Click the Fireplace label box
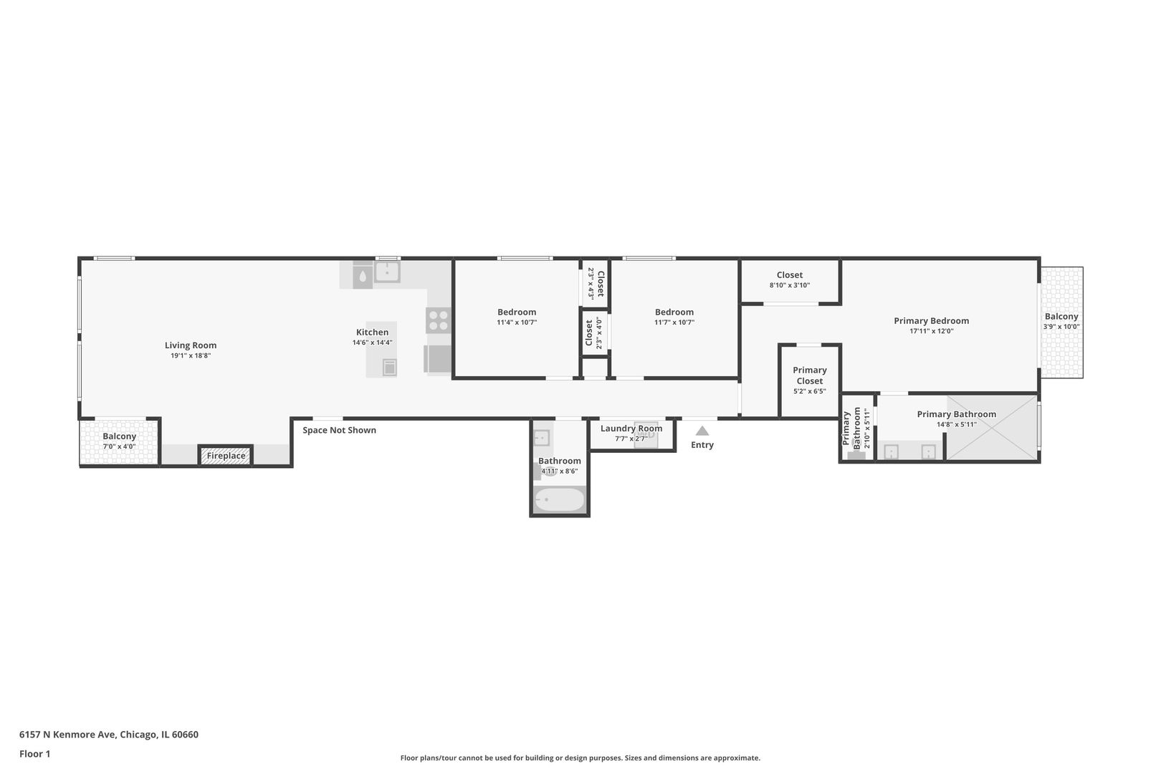coord(226,456)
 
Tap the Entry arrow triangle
coord(702,431)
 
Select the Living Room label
coord(191,345)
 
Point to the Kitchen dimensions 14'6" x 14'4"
coord(372,343)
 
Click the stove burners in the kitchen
coord(439,320)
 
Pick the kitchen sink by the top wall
coord(387,272)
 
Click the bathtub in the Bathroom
coord(559,500)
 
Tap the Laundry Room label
coord(631,429)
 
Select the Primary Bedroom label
coord(932,321)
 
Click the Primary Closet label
coord(810,376)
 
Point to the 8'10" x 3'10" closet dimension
coord(789,285)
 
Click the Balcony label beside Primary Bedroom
coord(1061,316)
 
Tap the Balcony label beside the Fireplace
coord(119,436)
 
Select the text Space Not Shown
coord(340,430)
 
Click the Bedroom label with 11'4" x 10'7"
coord(517,312)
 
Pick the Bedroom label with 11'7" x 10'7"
coord(674,312)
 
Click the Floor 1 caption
coord(34,755)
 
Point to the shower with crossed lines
coord(992,428)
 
